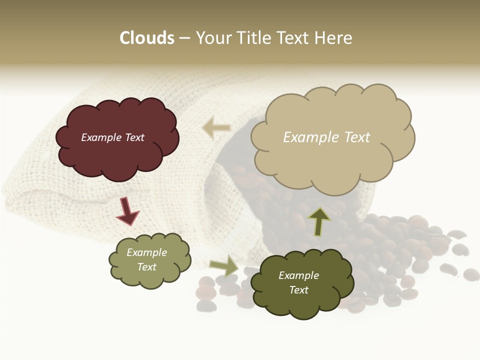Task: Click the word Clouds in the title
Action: pyautogui.click(x=147, y=38)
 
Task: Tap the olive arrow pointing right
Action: pyautogui.click(x=224, y=265)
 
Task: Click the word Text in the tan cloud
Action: pyautogui.click(x=353, y=137)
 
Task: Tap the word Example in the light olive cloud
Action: pyautogui.click(x=147, y=252)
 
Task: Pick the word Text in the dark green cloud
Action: pyautogui.click(x=298, y=290)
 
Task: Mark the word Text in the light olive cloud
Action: pyautogui.click(x=147, y=267)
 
